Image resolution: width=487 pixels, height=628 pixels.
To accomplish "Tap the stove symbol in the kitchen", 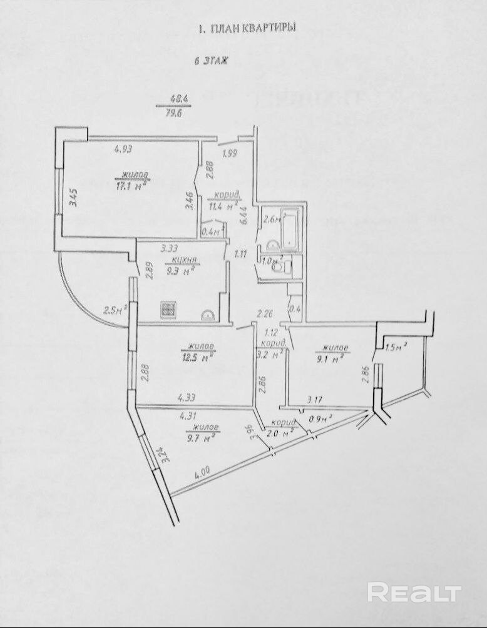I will point(168,308).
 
